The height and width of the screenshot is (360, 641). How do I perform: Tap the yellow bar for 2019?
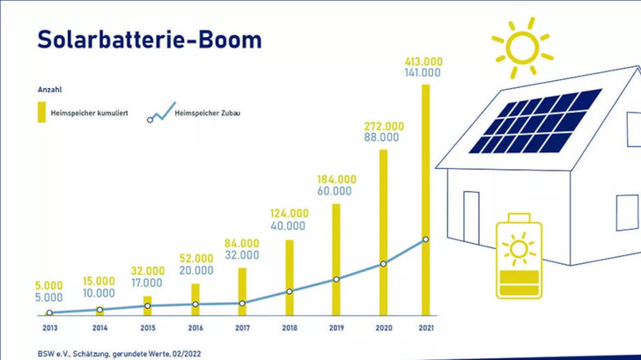[335, 259]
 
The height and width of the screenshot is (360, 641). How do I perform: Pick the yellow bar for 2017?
[242, 290]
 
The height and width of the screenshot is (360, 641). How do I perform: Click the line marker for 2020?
[382, 263]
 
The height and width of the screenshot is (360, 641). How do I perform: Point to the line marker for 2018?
[289, 291]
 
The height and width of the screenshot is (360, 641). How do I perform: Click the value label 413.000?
[424, 61]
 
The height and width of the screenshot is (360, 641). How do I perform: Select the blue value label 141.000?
[424, 73]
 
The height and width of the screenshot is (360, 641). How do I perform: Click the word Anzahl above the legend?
[49, 90]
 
